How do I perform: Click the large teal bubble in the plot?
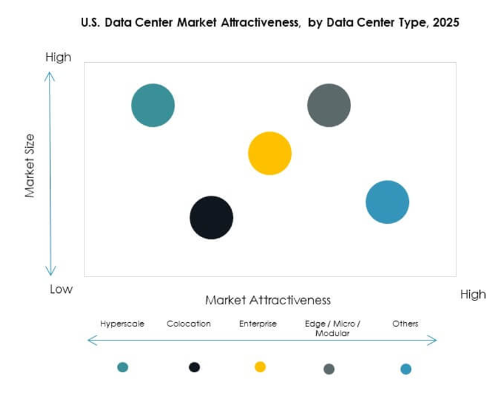(x=153, y=105)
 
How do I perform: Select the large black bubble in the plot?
(x=211, y=217)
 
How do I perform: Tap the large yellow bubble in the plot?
(x=270, y=153)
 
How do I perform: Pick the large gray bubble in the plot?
(x=329, y=105)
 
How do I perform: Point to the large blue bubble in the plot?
(x=387, y=202)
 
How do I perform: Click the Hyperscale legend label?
(x=123, y=323)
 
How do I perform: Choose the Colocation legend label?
(x=189, y=323)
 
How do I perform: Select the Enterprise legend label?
(x=258, y=323)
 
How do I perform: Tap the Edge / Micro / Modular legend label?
(x=333, y=328)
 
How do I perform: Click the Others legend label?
(x=405, y=323)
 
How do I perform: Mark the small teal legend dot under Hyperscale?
(x=123, y=367)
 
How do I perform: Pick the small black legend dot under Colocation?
(x=194, y=367)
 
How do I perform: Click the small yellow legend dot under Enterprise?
(x=260, y=367)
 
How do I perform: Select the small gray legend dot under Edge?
(x=329, y=369)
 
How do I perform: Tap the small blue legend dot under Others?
(x=406, y=369)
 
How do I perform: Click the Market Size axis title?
(x=30, y=165)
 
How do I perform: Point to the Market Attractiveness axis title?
(x=268, y=300)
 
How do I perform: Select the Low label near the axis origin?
(x=62, y=290)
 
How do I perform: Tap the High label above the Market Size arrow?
(x=58, y=58)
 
